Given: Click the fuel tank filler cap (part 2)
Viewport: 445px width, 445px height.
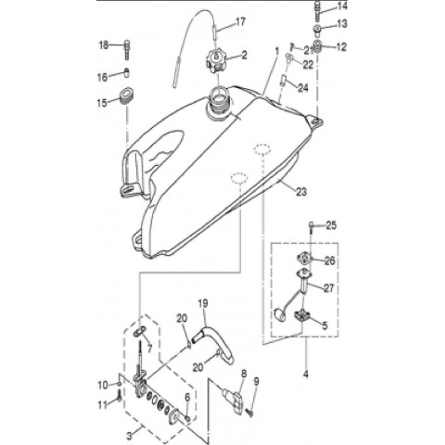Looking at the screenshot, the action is click(x=216, y=61).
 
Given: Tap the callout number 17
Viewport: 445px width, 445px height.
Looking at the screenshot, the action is click(x=241, y=22).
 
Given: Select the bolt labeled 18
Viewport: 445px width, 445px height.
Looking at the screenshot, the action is click(x=127, y=49).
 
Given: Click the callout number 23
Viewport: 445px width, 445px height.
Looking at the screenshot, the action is click(x=301, y=192).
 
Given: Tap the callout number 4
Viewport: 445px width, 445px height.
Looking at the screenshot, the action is click(x=306, y=375).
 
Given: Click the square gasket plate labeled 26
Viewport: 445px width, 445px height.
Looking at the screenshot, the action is click(x=304, y=258).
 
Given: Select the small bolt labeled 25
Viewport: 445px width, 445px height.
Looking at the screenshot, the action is click(x=311, y=226).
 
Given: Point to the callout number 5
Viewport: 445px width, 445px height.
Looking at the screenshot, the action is click(x=324, y=325).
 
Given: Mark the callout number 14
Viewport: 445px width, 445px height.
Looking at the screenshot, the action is click(x=342, y=6).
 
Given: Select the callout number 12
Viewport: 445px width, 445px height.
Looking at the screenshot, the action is click(x=341, y=47).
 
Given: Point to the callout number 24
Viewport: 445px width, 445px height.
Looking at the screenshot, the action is click(x=303, y=88).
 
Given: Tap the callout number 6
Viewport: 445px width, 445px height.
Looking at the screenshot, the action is click(x=187, y=398).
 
